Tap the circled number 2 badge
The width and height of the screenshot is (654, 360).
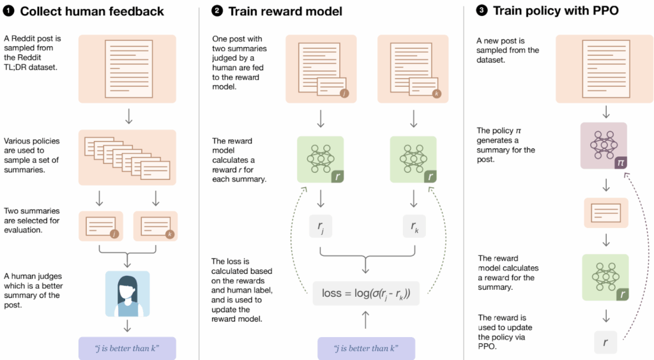[x=218, y=11]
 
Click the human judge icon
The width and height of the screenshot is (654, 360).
[x=127, y=294]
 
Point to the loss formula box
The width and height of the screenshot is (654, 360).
[x=366, y=294]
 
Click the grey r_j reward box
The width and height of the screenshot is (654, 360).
[x=320, y=226]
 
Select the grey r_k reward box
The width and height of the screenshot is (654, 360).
[x=412, y=226]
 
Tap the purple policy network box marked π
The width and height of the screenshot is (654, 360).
[x=604, y=146]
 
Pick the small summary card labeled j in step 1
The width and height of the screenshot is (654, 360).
[x=100, y=226]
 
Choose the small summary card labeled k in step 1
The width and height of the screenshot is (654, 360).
[x=155, y=226]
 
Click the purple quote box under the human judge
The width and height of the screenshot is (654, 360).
[x=127, y=348]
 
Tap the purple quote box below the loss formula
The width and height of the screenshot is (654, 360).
[x=366, y=348]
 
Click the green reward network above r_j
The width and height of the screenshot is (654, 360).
[x=320, y=160]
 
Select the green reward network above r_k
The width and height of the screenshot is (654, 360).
[x=412, y=160]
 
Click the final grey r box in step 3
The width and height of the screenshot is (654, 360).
[x=605, y=342]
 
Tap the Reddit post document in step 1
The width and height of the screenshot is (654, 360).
[x=127, y=68]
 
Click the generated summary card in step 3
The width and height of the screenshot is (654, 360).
[x=605, y=213]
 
